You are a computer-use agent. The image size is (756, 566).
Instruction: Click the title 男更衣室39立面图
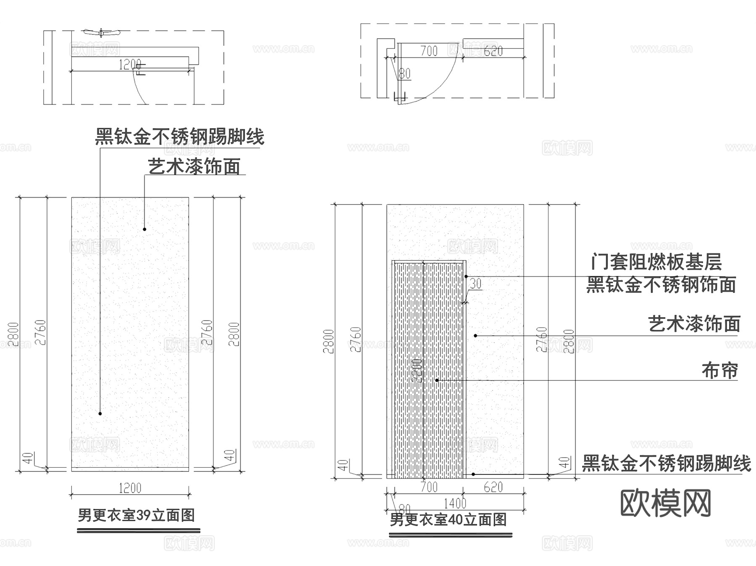coord(136,515)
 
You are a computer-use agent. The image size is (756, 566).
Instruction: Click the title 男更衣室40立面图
coord(448,520)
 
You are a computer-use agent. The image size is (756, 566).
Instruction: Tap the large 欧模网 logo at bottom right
coord(665,503)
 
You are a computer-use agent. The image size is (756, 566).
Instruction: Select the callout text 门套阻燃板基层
coord(656,262)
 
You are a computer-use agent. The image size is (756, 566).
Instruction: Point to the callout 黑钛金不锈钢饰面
coord(661,285)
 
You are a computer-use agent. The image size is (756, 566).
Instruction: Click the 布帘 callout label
coord(719,371)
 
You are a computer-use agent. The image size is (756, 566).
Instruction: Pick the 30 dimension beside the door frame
coord(475,284)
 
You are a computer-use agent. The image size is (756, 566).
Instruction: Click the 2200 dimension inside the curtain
coord(416,370)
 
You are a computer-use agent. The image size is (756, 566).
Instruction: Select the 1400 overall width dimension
coord(455,503)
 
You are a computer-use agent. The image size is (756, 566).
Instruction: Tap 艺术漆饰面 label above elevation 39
coord(194,167)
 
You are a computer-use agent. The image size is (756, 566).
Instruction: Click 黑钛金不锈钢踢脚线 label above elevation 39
coord(179,137)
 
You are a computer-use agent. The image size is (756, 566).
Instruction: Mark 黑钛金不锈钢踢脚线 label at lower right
coord(666,464)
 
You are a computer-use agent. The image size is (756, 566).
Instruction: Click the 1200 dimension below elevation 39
coord(130,488)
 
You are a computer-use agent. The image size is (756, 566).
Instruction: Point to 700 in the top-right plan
coord(429,51)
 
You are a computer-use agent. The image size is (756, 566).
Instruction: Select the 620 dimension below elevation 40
coord(493,487)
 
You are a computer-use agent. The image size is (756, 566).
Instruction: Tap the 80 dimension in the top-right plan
coord(404,74)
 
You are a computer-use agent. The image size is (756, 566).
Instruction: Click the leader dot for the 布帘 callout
coord(437,380)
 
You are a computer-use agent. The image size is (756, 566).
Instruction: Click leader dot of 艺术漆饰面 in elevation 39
coord(144,229)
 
